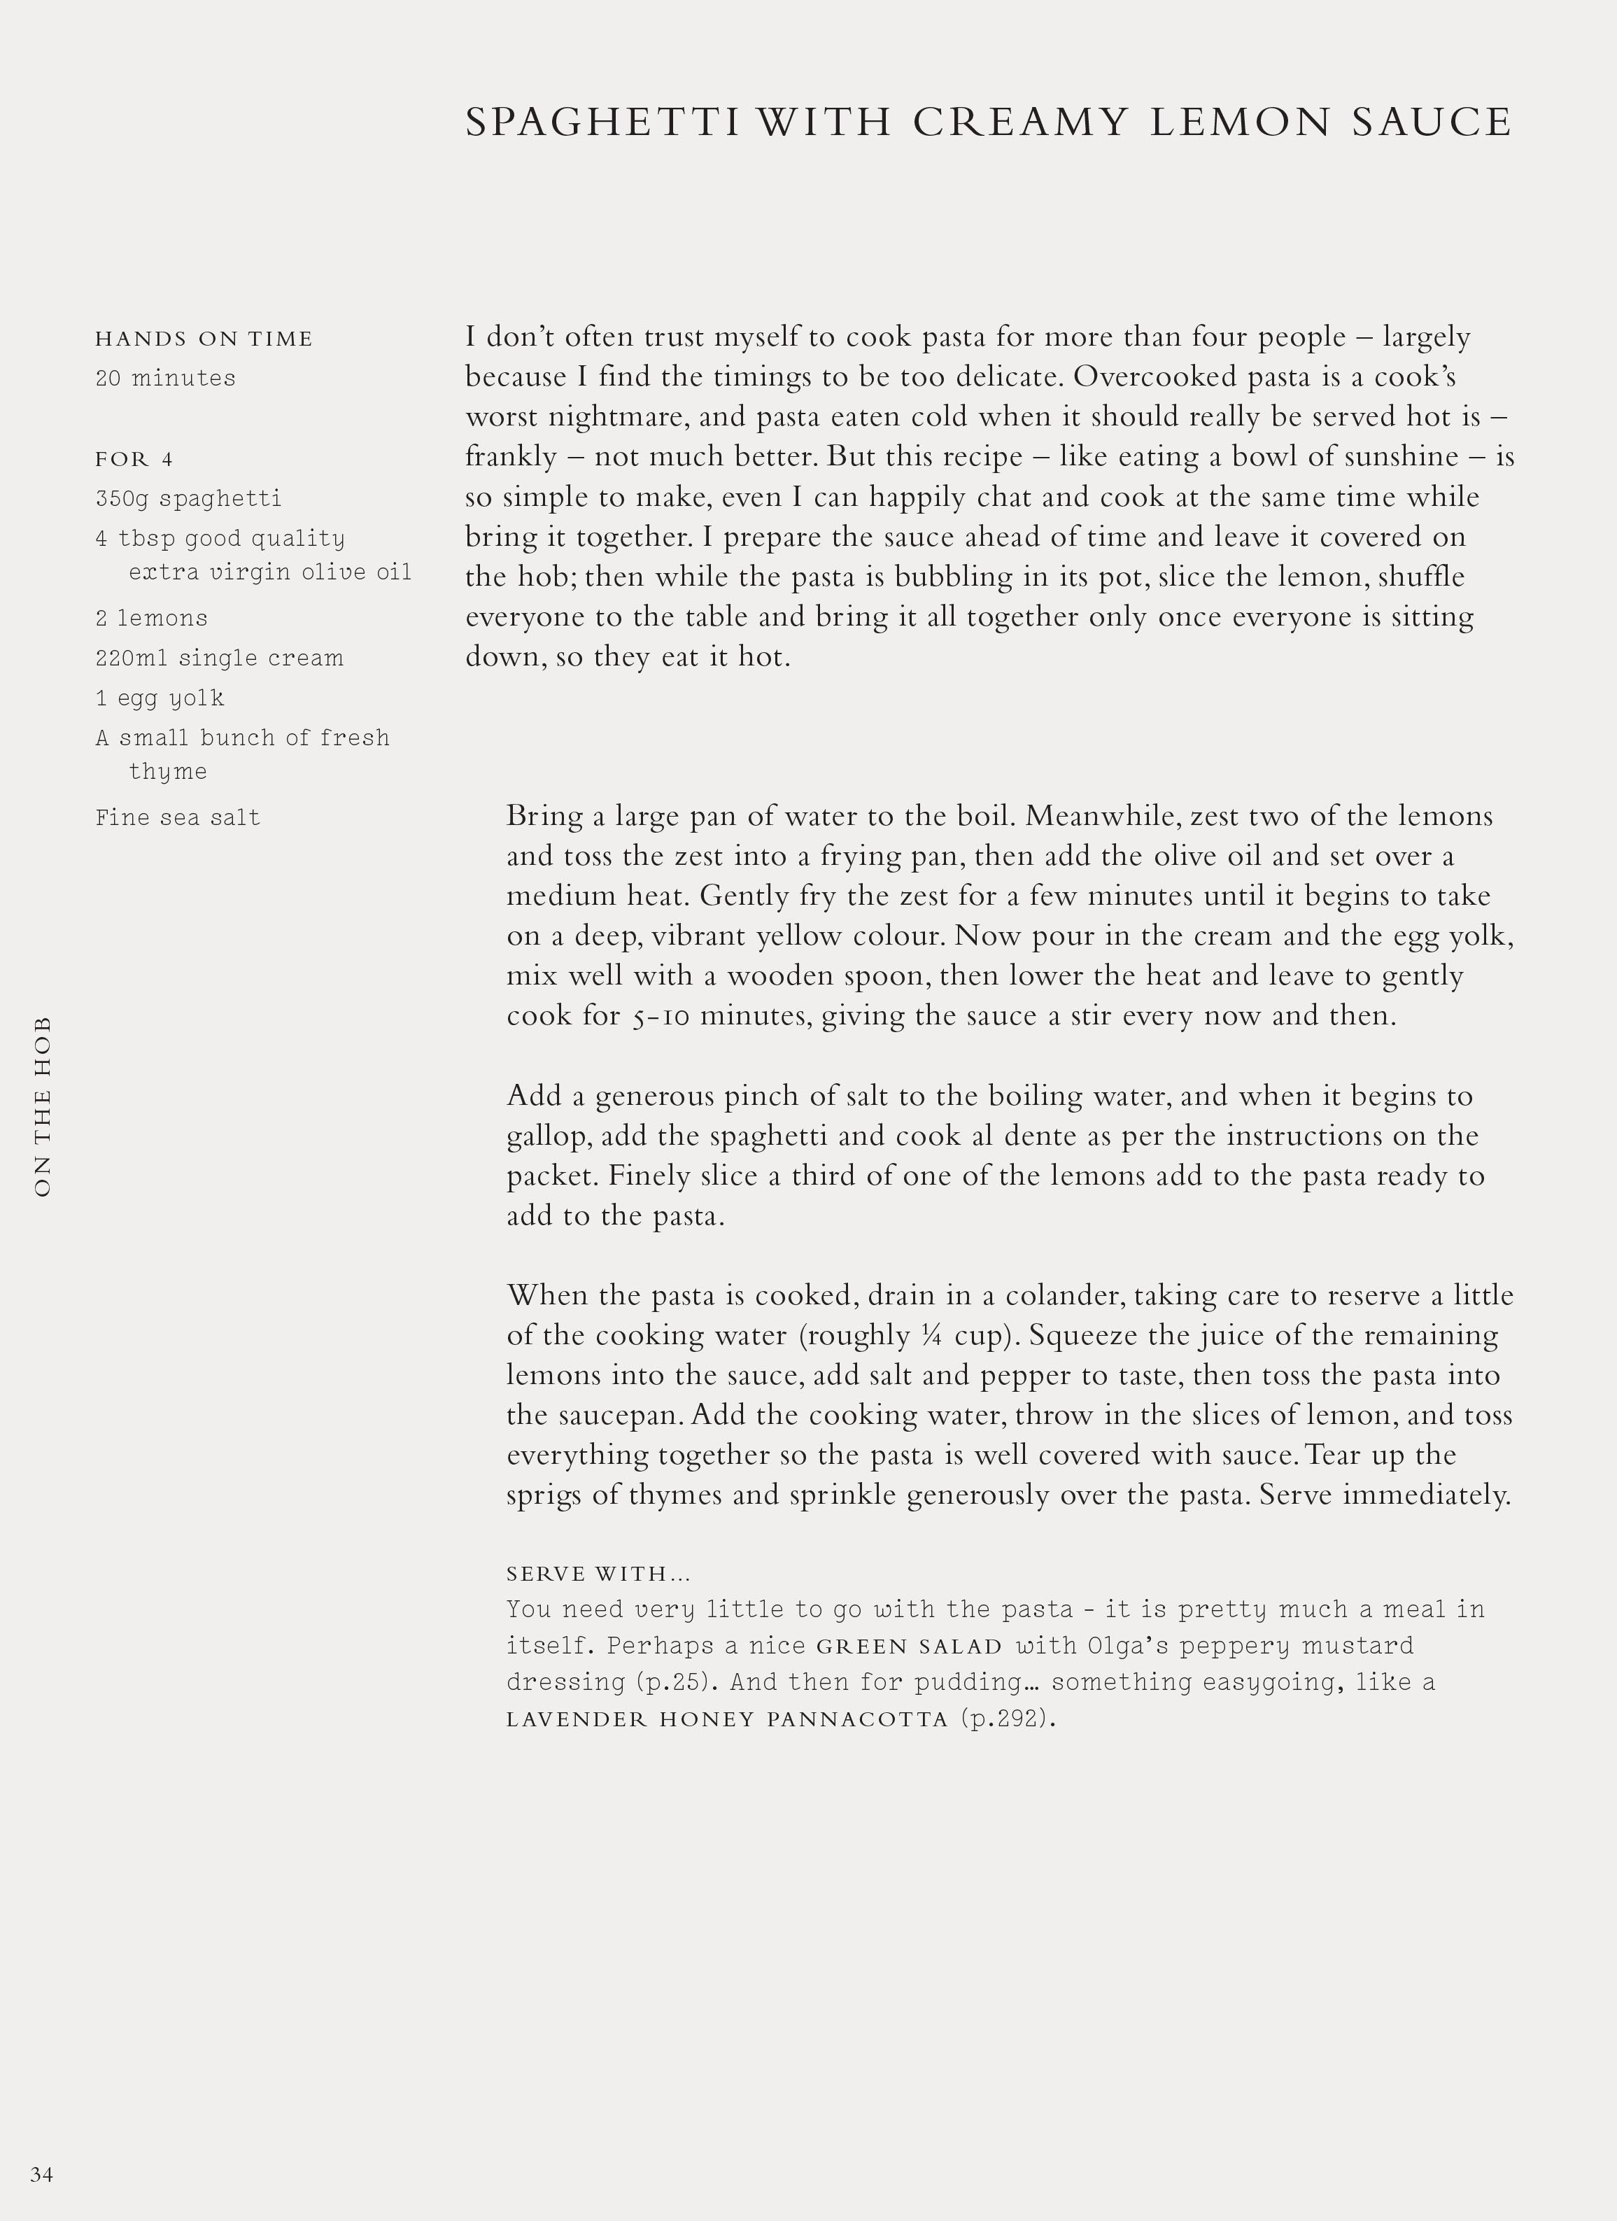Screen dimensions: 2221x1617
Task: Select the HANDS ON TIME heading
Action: [x=204, y=339]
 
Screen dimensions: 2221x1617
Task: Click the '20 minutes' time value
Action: [x=166, y=378]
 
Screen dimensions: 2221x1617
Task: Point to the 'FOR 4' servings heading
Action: [x=134, y=459]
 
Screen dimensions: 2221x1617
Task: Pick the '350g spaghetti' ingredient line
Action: [x=188, y=498]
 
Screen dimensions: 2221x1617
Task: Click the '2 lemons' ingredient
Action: [x=152, y=618]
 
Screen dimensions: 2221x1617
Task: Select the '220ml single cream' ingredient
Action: [x=220, y=658]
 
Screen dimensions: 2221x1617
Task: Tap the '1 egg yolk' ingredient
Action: [x=160, y=698]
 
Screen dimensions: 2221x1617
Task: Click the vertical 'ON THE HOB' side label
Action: [x=42, y=1106]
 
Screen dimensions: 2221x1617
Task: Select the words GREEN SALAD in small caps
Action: [x=910, y=1647]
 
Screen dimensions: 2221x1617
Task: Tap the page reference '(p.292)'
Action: [x=1008, y=1719]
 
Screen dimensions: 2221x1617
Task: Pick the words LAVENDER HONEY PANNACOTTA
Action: [x=728, y=1719]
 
